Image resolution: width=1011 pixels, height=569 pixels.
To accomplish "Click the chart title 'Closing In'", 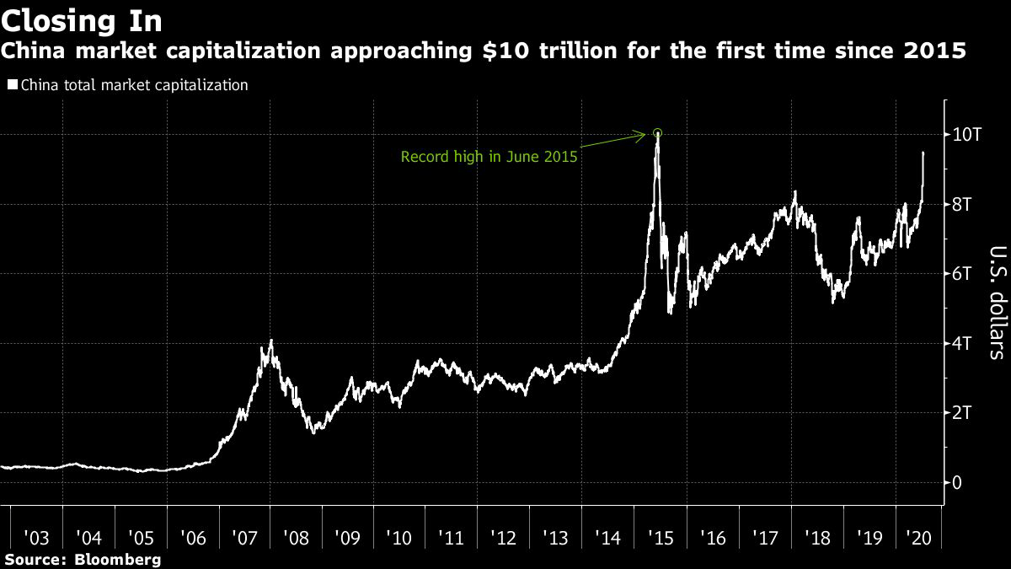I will pyautogui.click(x=83, y=20).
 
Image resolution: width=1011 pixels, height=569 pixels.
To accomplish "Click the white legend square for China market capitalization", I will pyautogui.click(x=12, y=85).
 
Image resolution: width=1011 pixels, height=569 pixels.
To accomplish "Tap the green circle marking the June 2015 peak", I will pyautogui.click(x=658, y=132).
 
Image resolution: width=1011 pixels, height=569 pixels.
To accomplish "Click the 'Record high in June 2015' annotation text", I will pyautogui.click(x=489, y=157).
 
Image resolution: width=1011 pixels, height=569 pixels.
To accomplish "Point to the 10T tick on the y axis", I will pyautogui.click(x=966, y=135).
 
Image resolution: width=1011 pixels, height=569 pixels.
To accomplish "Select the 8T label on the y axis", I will pyautogui.click(x=965, y=204).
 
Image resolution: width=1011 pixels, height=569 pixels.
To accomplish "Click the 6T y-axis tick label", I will pyautogui.click(x=965, y=274).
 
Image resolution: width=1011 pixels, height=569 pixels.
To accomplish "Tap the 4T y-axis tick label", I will pyautogui.click(x=965, y=343).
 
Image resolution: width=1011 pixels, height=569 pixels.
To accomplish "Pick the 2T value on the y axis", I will pyautogui.click(x=965, y=413).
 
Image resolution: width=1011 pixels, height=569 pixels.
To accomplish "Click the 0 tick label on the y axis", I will pyautogui.click(x=958, y=482).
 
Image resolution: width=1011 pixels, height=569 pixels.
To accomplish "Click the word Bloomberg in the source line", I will pyautogui.click(x=118, y=559).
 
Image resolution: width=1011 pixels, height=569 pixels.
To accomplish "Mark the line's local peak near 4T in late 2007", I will pyautogui.click(x=270, y=341).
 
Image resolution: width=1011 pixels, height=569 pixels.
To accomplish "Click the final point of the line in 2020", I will pyautogui.click(x=924, y=153).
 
